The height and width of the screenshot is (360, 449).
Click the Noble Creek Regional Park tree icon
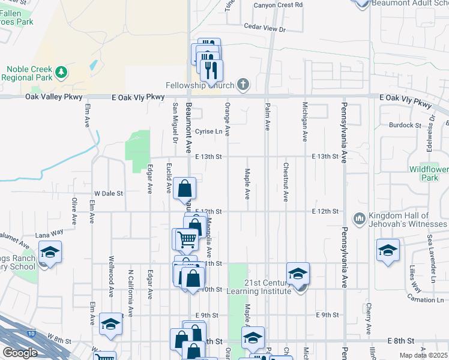(x=61, y=73)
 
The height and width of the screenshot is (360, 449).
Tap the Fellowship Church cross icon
(x=243, y=85)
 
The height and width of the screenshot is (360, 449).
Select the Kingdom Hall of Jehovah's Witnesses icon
(x=359, y=217)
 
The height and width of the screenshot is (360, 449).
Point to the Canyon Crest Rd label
(x=277, y=5)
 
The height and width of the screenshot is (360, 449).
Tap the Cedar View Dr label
(x=265, y=28)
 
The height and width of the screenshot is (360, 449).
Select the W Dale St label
(x=109, y=194)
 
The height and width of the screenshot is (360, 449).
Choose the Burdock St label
(x=405, y=125)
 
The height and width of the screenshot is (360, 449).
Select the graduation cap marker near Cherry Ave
(x=388, y=250)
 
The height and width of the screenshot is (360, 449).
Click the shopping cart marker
(x=187, y=239)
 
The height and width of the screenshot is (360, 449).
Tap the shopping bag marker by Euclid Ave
(x=184, y=188)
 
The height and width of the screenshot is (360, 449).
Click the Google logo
(x=20, y=353)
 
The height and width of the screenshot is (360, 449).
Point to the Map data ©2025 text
(x=423, y=356)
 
